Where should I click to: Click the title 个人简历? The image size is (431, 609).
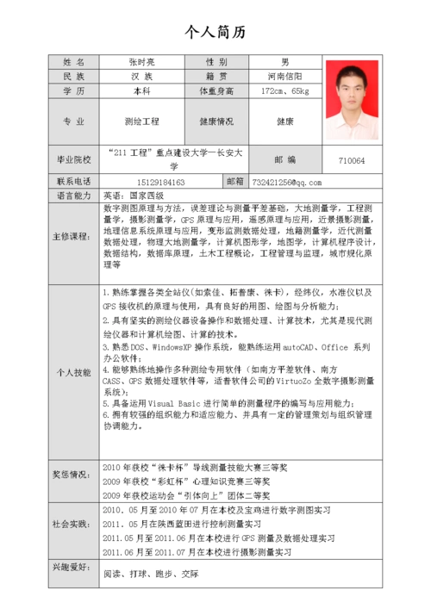215,33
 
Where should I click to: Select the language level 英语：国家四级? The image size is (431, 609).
140,196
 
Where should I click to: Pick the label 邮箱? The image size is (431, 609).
235,182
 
